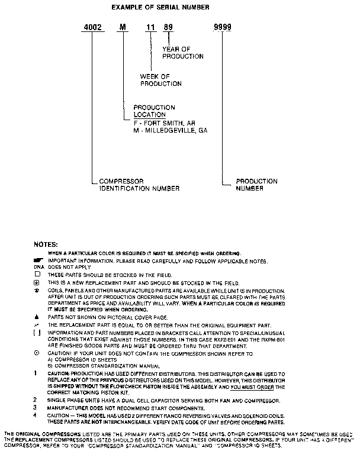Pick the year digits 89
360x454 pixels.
(x=168, y=28)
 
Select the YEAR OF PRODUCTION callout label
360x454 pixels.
(x=182, y=53)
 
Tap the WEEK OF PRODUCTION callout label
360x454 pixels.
(x=160, y=81)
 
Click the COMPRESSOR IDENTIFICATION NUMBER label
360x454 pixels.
(x=139, y=185)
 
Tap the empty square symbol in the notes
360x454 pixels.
(x=37, y=275)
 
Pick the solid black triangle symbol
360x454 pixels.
(x=37, y=317)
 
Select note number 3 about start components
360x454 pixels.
(x=37, y=408)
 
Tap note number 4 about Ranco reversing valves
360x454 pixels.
(x=37, y=416)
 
